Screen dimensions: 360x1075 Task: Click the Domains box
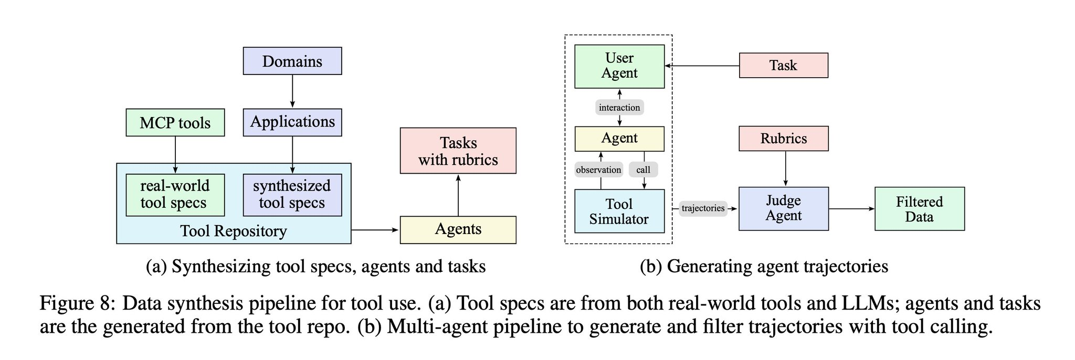click(292, 61)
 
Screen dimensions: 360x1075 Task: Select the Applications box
click(292, 122)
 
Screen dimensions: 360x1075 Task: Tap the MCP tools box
click(175, 123)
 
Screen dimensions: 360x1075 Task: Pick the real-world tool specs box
click(175, 195)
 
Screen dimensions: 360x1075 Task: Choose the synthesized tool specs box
click(292, 195)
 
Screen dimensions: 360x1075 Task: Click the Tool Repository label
click(234, 231)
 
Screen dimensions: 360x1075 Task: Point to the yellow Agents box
click(458, 229)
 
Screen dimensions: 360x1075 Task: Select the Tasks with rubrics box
click(458, 151)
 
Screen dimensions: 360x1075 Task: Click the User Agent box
click(619, 66)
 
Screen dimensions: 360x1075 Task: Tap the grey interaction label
click(619, 108)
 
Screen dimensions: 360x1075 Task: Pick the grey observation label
click(598, 170)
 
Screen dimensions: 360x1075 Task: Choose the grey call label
click(643, 170)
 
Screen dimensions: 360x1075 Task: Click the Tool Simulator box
click(619, 211)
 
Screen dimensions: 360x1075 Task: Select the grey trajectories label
click(703, 208)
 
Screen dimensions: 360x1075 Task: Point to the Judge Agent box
click(783, 208)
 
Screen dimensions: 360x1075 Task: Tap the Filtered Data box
click(919, 209)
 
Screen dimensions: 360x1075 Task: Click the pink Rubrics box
click(783, 139)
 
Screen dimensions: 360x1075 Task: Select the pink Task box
click(783, 66)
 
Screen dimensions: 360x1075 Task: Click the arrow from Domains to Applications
click(292, 91)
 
